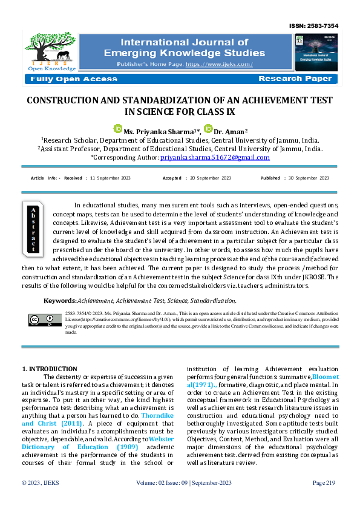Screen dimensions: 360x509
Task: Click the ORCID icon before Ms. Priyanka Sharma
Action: coord(118,129)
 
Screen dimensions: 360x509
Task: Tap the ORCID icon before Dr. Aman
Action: coord(208,129)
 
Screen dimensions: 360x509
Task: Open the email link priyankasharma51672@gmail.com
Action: coord(215,157)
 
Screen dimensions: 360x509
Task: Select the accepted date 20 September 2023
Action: coord(209,178)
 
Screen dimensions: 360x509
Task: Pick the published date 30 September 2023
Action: coord(307,178)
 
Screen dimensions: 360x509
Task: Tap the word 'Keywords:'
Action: coord(61,300)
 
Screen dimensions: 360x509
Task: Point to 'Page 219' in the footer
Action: coord(324,499)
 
